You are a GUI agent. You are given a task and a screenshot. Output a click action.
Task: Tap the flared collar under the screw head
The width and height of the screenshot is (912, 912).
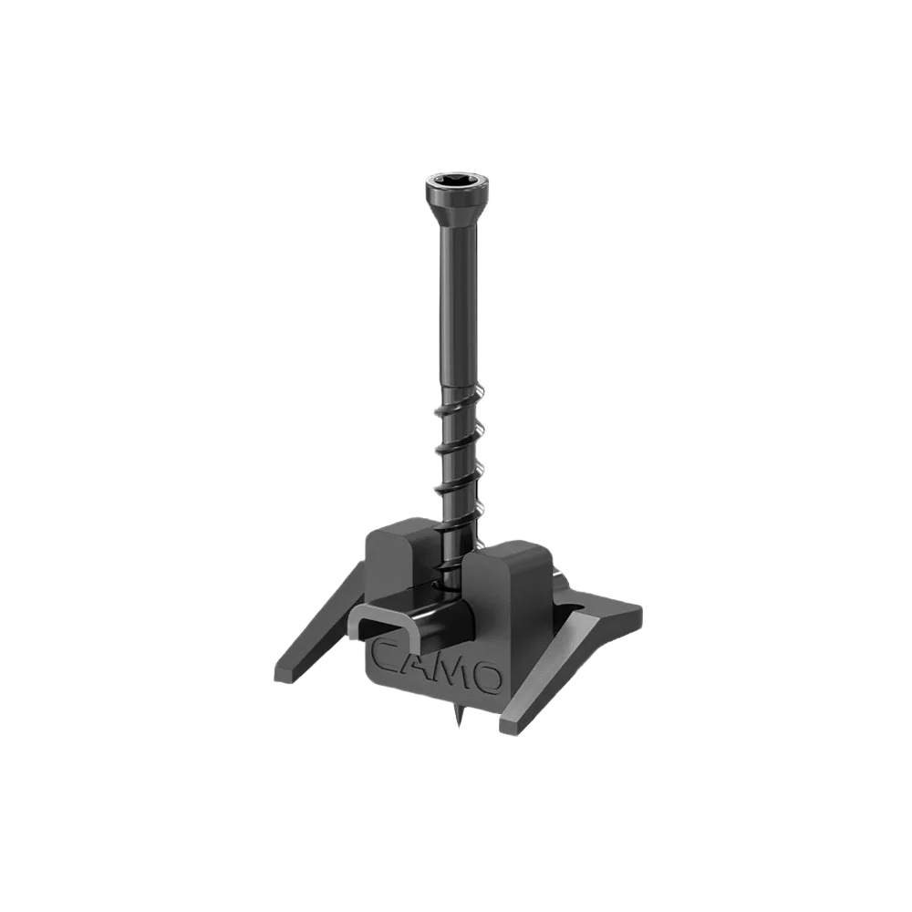point(457,211)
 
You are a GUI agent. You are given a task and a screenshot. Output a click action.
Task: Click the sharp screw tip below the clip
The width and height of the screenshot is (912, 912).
point(459,716)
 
